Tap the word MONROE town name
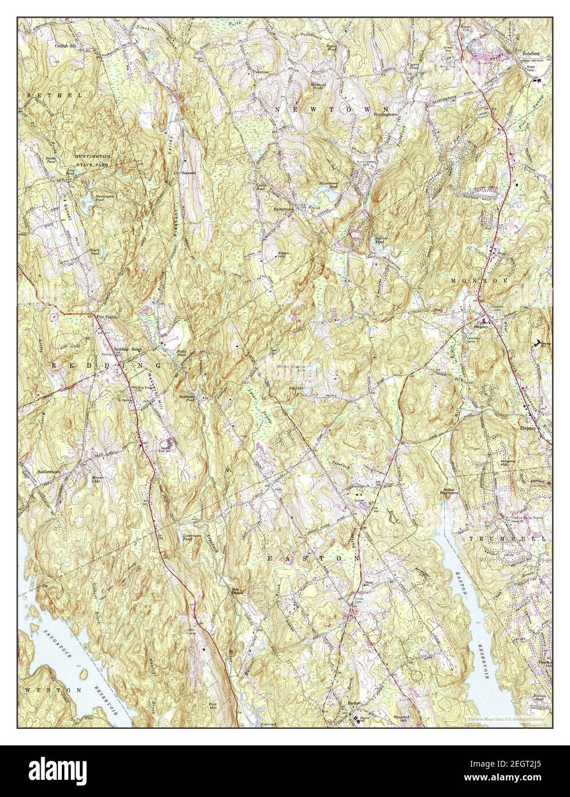pos(471,281)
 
